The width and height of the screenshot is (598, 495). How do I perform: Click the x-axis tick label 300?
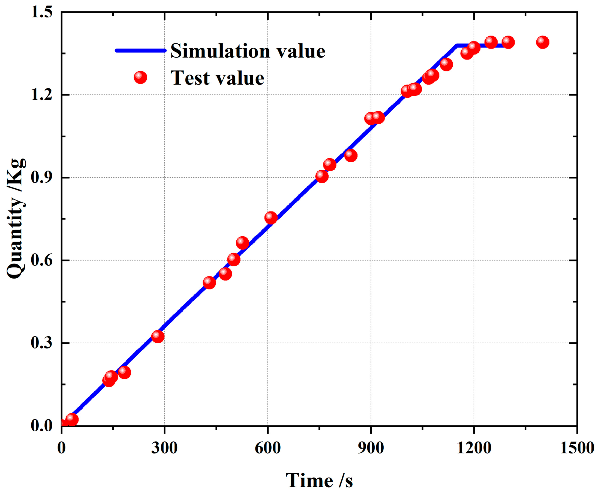click(x=164, y=448)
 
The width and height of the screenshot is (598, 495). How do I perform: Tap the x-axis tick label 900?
click(x=371, y=448)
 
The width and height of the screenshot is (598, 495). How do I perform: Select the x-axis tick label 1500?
click(x=577, y=448)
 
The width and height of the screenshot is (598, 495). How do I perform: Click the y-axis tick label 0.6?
click(x=42, y=260)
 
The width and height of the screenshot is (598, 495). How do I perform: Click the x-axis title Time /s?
click(x=319, y=481)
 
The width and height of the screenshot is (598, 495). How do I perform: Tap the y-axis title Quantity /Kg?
click(x=16, y=218)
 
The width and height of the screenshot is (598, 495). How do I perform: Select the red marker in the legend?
click(x=140, y=77)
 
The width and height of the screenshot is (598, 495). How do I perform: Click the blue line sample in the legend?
click(x=140, y=50)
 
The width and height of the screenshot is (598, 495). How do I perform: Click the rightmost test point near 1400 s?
click(x=542, y=42)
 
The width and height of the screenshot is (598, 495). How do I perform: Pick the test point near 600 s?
click(x=271, y=218)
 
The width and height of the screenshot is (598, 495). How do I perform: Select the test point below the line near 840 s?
click(x=351, y=155)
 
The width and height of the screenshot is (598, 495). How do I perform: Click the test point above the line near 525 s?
click(x=243, y=243)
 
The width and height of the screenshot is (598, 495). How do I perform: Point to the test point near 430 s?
click(x=209, y=282)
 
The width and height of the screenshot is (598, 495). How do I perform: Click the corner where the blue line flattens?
click(x=457, y=46)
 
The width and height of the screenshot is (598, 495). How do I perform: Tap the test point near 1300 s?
click(x=508, y=42)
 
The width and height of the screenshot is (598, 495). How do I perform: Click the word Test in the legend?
click(x=190, y=78)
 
